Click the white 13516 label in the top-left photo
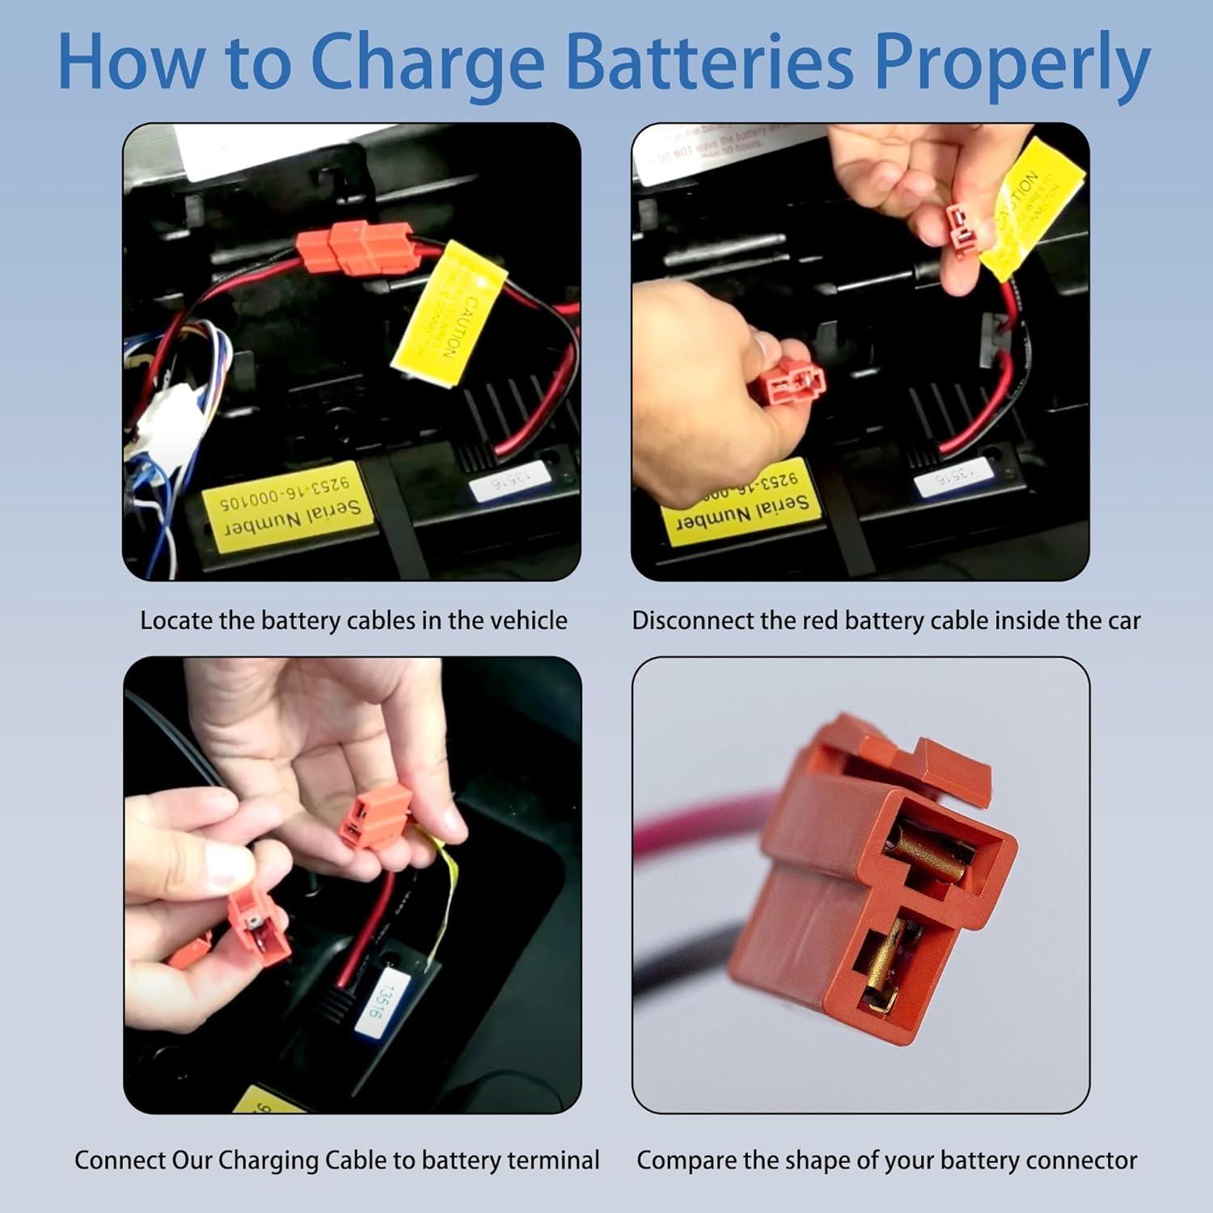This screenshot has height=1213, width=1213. [x=502, y=483]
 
